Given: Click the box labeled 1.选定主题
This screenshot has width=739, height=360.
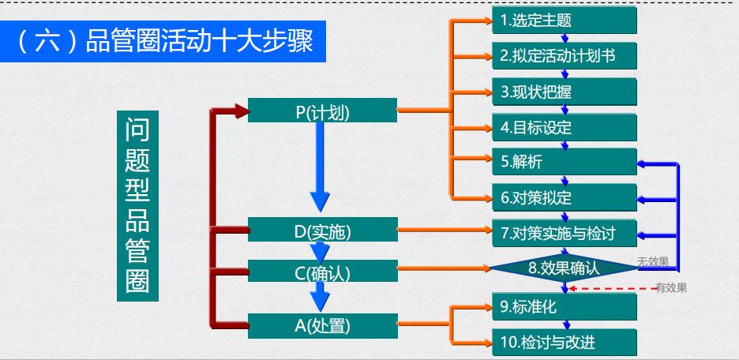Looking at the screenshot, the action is [565, 21].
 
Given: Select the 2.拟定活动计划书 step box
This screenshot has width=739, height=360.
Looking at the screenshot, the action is [565, 55].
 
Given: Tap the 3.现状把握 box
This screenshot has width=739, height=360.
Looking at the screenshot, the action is [565, 92].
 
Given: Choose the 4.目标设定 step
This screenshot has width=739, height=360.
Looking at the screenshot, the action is [565, 127].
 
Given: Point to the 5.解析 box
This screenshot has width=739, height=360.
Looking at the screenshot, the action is [565, 162].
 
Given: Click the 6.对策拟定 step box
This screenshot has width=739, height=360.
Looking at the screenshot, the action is [565, 197].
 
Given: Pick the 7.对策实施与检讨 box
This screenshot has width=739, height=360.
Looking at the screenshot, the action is [565, 233].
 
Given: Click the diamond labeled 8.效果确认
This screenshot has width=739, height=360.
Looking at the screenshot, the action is [565, 268].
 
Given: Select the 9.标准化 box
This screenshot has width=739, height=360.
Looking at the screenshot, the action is [565, 307].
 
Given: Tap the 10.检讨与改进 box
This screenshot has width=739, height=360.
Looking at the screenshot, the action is [565, 342].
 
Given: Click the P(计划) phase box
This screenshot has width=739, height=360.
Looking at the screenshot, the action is [322, 111].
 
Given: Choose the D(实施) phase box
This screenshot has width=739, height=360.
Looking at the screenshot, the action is [322, 230].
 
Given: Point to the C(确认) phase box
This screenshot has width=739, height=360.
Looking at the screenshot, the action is [322, 271].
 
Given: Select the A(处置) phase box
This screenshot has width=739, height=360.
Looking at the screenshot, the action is [322, 325].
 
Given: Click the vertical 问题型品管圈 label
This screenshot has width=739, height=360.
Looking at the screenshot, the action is [137, 206].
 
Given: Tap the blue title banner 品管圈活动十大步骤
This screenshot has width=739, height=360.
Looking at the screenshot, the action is [163, 42].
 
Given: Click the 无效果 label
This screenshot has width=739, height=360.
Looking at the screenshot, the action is [653, 262].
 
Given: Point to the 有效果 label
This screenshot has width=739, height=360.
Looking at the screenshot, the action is [672, 288].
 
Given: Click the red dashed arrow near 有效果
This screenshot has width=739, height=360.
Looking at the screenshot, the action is [613, 288].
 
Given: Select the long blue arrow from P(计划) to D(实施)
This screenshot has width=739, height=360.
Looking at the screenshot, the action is [320, 167].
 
